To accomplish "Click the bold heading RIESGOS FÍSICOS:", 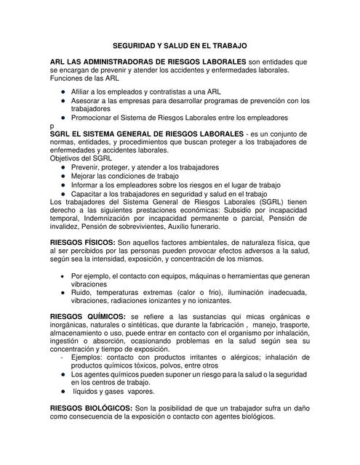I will (83, 241).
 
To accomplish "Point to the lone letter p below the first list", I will (52, 126).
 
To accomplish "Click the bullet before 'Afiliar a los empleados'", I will (64, 92).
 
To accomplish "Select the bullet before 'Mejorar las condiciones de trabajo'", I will (64, 176).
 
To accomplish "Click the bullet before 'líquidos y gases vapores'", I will (64, 390).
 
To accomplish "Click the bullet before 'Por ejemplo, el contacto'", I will (64, 276).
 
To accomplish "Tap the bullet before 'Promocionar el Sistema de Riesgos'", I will (64, 118).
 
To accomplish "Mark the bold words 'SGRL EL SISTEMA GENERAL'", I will (103, 134).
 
